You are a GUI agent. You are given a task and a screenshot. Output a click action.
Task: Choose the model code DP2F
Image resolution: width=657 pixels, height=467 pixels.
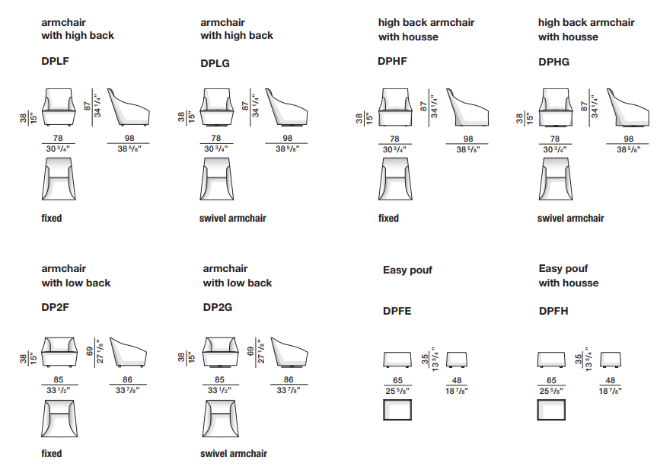pos(56,308)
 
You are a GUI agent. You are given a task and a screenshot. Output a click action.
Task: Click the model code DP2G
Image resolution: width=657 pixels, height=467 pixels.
pos(218,308)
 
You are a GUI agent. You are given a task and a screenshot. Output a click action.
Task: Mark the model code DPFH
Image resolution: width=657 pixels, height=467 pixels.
pos(553,311)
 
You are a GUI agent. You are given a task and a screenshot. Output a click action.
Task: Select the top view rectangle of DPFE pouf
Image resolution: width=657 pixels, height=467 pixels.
pos(397,410)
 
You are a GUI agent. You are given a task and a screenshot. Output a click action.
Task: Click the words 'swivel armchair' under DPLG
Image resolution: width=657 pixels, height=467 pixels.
pos(232,218)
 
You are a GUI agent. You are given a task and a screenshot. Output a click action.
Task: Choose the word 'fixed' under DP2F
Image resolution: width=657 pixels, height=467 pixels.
pos(52,453)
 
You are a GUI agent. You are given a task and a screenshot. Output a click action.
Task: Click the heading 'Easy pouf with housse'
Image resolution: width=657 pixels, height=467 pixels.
pos(568,276)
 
